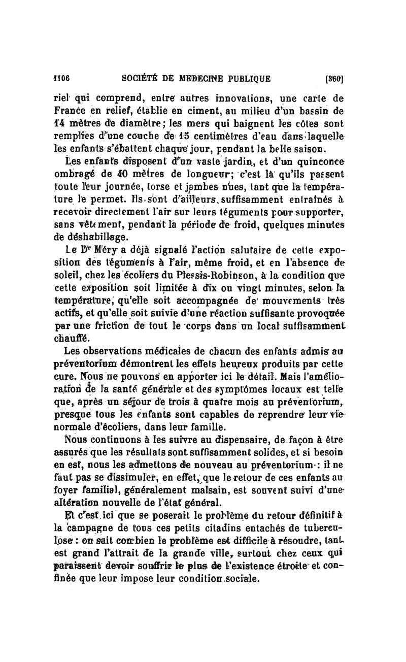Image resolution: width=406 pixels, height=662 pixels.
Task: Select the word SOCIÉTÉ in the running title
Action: [143, 79]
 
